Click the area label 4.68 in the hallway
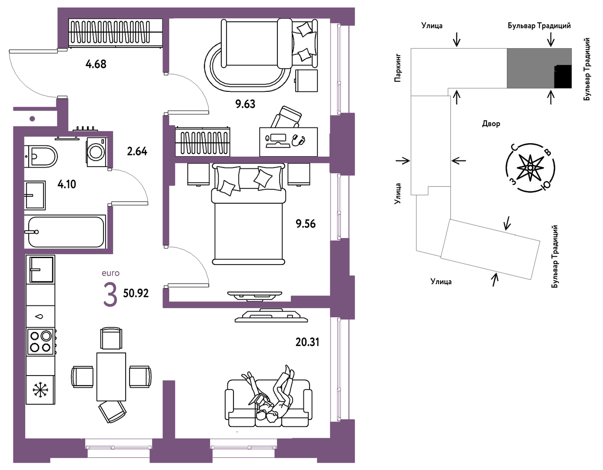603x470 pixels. (x=96, y=64)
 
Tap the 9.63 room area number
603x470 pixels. (x=245, y=104)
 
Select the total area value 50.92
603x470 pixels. (x=136, y=293)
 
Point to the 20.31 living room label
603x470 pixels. (x=307, y=342)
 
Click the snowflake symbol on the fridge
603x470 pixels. (x=40, y=390)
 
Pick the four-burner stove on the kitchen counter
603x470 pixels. (x=40, y=342)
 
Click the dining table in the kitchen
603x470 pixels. (x=111, y=377)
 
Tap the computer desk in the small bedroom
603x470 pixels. (x=288, y=142)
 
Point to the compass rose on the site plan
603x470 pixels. (x=530, y=168)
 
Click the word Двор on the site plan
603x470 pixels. (x=491, y=123)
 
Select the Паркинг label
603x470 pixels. (x=398, y=68)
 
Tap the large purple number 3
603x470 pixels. (x=110, y=295)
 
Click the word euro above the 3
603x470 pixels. (x=110, y=273)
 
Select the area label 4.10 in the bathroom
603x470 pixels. (x=67, y=184)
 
